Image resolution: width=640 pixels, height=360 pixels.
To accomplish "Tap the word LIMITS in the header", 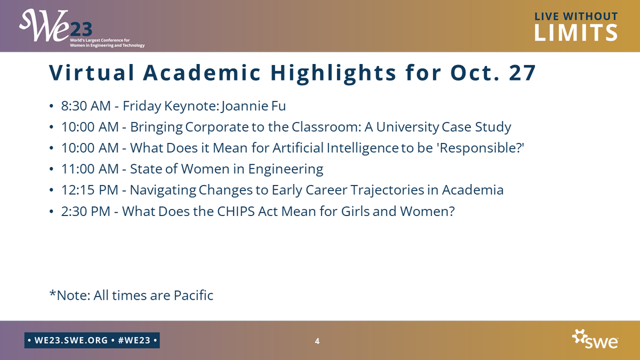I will click(576, 33).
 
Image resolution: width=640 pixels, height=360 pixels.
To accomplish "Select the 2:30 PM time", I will click(85, 211).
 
